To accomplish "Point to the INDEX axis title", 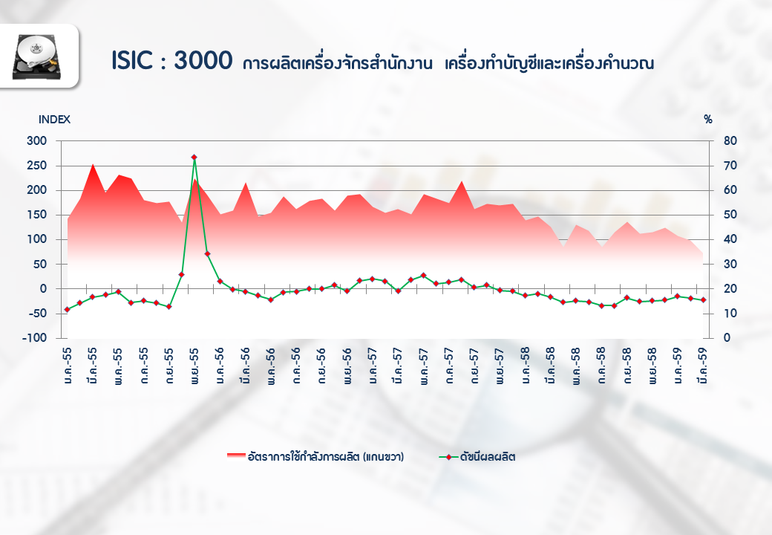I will coord(54,119).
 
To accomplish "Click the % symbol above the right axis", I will coord(708,119).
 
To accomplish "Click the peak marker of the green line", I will coord(194,158).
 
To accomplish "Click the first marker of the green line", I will coord(68,309).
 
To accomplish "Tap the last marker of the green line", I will coord(703,300).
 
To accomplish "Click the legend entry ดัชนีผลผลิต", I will coord(487,457).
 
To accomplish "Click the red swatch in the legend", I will coord(236,456).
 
